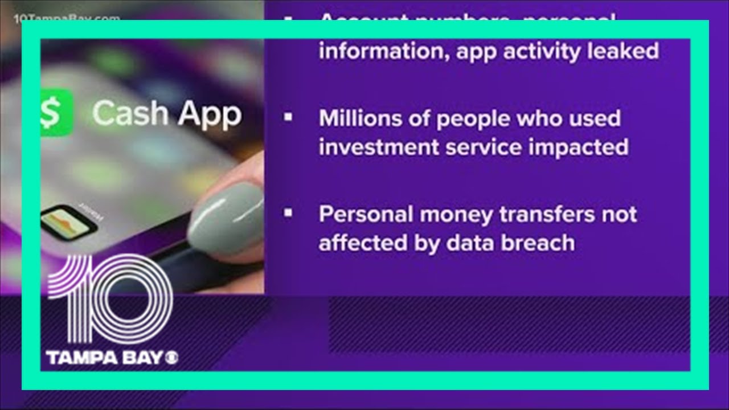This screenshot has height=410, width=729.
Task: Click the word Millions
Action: (356, 118)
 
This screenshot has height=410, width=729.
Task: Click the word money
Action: (452, 215)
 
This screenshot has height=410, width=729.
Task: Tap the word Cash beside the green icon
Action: (130, 113)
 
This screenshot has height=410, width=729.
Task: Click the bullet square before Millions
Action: (288, 117)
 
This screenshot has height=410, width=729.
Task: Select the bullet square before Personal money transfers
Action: (288, 213)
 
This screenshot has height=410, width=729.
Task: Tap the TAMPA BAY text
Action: (105, 358)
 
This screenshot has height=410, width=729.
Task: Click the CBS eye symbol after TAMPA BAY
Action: (171, 358)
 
